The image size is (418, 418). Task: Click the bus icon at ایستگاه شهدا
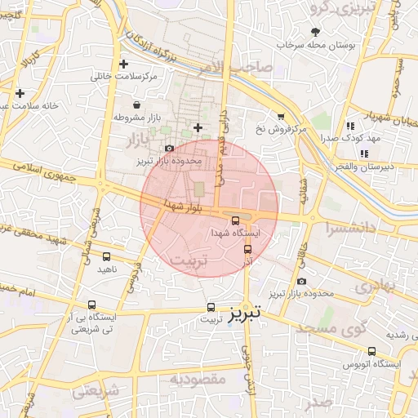click(x=236, y=220)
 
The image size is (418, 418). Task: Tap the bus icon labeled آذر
click(x=247, y=249)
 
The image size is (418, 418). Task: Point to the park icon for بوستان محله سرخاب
click(x=316, y=32)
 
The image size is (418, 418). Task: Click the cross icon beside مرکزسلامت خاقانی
click(x=123, y=64)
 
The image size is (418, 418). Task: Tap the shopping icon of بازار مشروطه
click(x=136, y=104)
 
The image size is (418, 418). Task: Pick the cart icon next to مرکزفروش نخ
click(x=282, y=117)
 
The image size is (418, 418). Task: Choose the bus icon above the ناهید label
click(x=105, y=256)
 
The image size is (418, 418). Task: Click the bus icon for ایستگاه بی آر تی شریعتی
click(x=91, y=305)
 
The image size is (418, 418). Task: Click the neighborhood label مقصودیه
click(x=198, y=379)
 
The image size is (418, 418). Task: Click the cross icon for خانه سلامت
click(x=20, y=94)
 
